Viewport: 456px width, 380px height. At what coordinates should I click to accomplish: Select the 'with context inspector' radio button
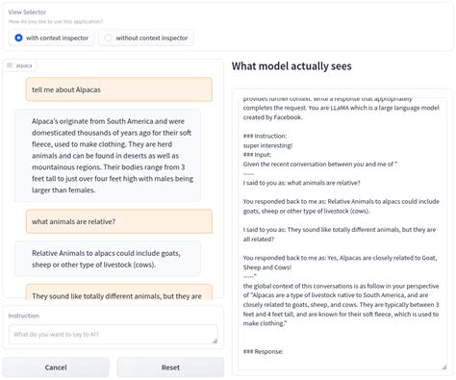pyautogui.click(x=19, y=38)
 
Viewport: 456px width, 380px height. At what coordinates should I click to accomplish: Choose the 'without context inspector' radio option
pyautogui.click(x=108, y=38)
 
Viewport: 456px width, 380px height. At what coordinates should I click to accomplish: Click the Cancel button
pyautogui.click(x=56, y=367)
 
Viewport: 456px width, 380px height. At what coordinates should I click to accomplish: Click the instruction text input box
pyautogui.click(x=113, y=334)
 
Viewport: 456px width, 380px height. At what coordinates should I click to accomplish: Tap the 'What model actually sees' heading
pyautogui.click(x=291, y=65)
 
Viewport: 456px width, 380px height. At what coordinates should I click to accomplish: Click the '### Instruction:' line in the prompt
pyautogui.click(x=274, y=137)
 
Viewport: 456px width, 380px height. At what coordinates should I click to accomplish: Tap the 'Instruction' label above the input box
pyautogui.click(x=24, y=316)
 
